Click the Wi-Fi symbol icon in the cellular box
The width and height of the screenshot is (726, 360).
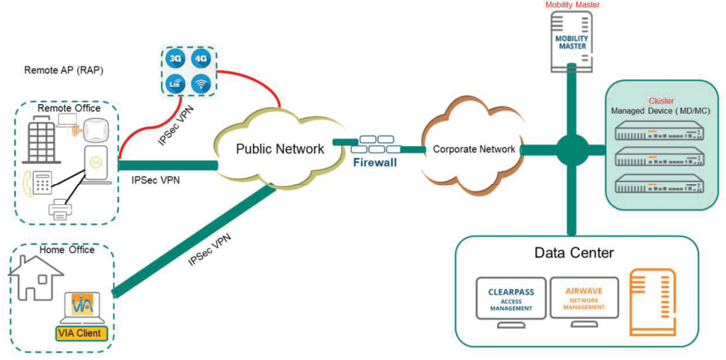pyautogui.click(x=201, y=84)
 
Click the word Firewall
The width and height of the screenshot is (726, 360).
pyautogui.click(x=375, y=163)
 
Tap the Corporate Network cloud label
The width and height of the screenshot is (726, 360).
pyautogui.click(x=474, y=150)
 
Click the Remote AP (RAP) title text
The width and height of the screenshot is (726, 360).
pyautogui.click(x=60, y=70)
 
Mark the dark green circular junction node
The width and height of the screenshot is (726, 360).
pyautogui.click(x=571, y=150)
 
